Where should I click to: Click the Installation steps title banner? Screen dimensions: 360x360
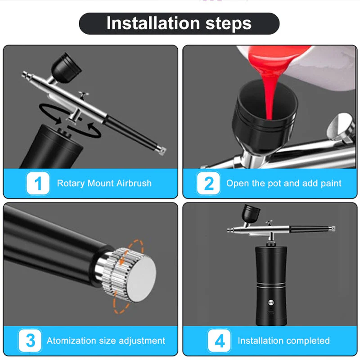tap(179, 23)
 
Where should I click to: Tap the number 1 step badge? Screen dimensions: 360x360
tap(38, 183)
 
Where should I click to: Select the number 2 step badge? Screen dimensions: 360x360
tap(208, 183)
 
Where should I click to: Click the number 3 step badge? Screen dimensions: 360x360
tap(31, 340)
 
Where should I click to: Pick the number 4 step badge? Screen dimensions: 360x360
tap(220, 340)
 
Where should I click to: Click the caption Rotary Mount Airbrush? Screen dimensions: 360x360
tap(104, 183)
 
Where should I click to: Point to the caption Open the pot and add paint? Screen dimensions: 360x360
tap(283, 183)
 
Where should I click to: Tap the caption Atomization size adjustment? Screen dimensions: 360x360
tap(106, 341)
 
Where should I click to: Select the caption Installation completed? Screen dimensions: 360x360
tap(283, 341)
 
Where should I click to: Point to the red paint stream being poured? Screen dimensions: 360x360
tap(269, 90)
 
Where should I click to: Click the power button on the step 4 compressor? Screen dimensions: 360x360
tap(271, 303)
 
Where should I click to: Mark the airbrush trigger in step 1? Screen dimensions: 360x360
tap(83, 95)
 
